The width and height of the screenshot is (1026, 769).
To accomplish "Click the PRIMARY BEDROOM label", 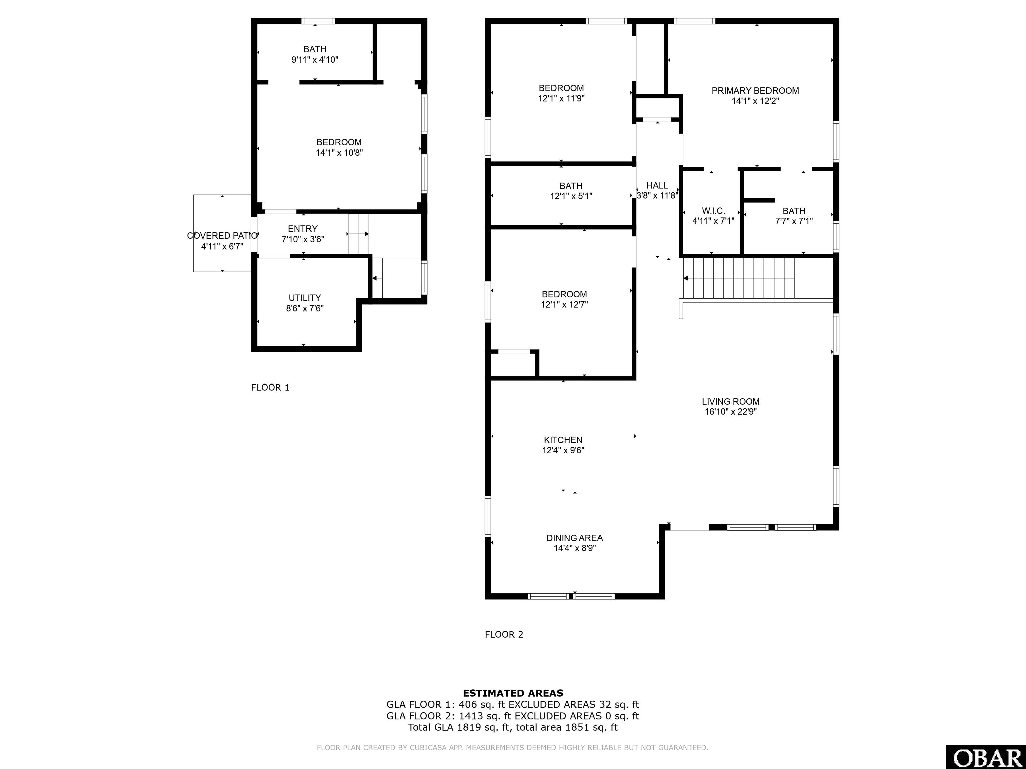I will [x=755, y=91].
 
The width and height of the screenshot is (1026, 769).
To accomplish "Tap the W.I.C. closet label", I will [x=713, y=211].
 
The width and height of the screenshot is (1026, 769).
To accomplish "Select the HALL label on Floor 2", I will [x=657, y=186].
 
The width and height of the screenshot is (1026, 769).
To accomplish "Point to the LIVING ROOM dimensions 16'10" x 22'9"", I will [x=730, y=412].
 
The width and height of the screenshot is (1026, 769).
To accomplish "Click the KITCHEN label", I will [x=563, y=440].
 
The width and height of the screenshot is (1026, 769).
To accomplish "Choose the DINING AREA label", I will [x=574, y=538].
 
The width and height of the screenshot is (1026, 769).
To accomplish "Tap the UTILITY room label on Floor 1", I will [x=304, y=298].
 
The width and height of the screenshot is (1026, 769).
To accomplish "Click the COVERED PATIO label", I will [x=222, y=236].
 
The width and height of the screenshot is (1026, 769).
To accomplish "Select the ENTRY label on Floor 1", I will [x=302, y=229].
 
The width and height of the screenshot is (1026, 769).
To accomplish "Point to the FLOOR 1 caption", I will [x=270, y=388].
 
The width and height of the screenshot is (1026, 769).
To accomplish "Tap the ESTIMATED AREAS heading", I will [x=513, y=693].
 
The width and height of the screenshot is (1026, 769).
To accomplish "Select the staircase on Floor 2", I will [x=738, y=278].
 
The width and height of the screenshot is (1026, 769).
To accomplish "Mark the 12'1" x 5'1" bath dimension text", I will [x=571, y=196].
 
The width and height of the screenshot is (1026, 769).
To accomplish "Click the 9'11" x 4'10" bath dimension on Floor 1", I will [x=315, y=60].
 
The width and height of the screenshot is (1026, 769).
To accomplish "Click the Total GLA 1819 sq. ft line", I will [x=513, y=727].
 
